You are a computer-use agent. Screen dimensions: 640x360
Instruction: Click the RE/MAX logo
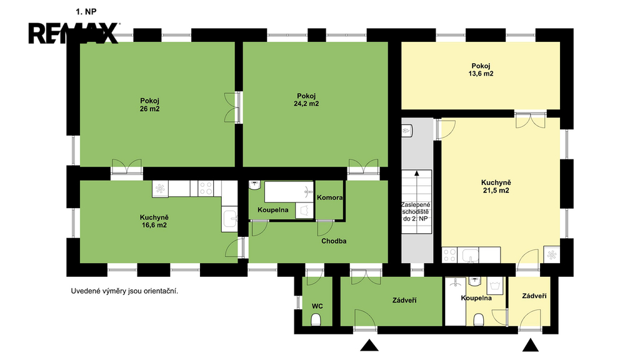coord(74,33)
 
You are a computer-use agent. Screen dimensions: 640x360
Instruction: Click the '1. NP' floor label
coord(86,12)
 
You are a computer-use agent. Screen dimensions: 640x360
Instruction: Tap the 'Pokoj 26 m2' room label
coord(150,105)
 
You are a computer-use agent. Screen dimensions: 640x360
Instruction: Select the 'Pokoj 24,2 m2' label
coord(306,100)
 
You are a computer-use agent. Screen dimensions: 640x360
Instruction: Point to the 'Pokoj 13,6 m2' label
coord(481,70)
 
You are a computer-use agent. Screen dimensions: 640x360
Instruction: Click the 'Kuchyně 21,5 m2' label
coord(496,186)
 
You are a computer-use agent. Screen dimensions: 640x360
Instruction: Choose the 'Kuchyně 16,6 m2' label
coord(154,221)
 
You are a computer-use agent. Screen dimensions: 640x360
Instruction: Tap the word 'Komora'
coord(330,197)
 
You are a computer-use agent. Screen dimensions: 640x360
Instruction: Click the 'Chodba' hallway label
coord(334,241)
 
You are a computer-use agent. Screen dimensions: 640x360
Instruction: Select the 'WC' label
coord(317,306)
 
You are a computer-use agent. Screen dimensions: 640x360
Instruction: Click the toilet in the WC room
coord(316,319)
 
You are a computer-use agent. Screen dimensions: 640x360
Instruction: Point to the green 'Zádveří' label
coord(404,301)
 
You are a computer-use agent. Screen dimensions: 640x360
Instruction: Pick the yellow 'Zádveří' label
coord(534,296)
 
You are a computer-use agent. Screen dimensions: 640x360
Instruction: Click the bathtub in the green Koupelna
coord(289,192)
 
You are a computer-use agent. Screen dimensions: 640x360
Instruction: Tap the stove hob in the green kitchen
coord(206,189)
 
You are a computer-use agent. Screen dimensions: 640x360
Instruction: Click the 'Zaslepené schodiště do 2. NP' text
coord(416,211)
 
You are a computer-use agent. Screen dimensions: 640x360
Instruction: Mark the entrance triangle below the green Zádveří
coord(369,345)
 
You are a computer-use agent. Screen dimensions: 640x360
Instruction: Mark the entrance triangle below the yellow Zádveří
coord(531,345)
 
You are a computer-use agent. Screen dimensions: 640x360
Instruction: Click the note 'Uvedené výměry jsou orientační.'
coord(124,291)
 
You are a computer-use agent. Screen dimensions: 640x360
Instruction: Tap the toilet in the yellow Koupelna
coord(479,319)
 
